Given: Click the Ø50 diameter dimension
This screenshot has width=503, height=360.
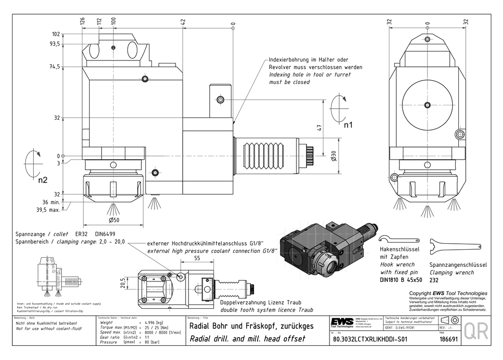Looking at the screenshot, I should [x=113, y=220].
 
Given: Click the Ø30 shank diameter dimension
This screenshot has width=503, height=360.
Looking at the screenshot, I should [x=333, y=156].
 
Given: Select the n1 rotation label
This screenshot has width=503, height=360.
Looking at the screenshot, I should [x=348, y=124].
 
